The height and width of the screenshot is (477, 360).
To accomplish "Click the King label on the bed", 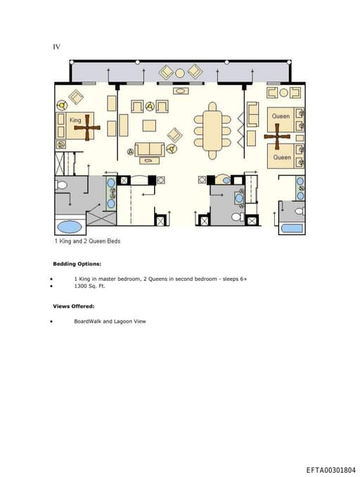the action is (x=75, y=120).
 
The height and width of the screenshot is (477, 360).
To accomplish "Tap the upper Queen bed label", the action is (x=281, y=116).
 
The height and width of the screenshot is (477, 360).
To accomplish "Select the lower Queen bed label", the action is (x=282, y=158).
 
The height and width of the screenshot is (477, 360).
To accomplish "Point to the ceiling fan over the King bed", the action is (x=87, y=127).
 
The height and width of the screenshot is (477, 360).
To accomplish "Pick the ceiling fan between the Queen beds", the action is (x=277, y=136).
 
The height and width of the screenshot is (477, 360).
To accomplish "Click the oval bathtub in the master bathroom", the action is (x=70, y=227).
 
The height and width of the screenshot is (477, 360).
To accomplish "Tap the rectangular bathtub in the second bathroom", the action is (x=292, y=229).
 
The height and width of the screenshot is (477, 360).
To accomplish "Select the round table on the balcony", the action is (x=180, y=73).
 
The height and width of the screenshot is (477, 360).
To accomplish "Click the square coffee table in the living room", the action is (x=149, y=126).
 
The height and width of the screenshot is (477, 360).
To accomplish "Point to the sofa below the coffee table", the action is (x=150, y=149).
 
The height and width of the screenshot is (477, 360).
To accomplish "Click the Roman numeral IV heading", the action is (x=56, y=47).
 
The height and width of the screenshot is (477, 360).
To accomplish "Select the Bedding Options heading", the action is (x=77, y=264).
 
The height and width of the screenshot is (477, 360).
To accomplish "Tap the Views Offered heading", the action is (x=74, y=306).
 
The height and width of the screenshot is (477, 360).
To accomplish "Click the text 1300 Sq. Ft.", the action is (x=90, y=286).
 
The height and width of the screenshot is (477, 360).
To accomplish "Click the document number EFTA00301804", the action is (x=330, y=470).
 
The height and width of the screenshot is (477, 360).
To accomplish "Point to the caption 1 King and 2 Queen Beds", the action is (x=88, y=241).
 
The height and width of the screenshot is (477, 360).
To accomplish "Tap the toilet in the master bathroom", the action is (x=61, y=185).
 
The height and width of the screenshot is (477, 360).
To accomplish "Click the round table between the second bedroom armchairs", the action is (x=283, y=93).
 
